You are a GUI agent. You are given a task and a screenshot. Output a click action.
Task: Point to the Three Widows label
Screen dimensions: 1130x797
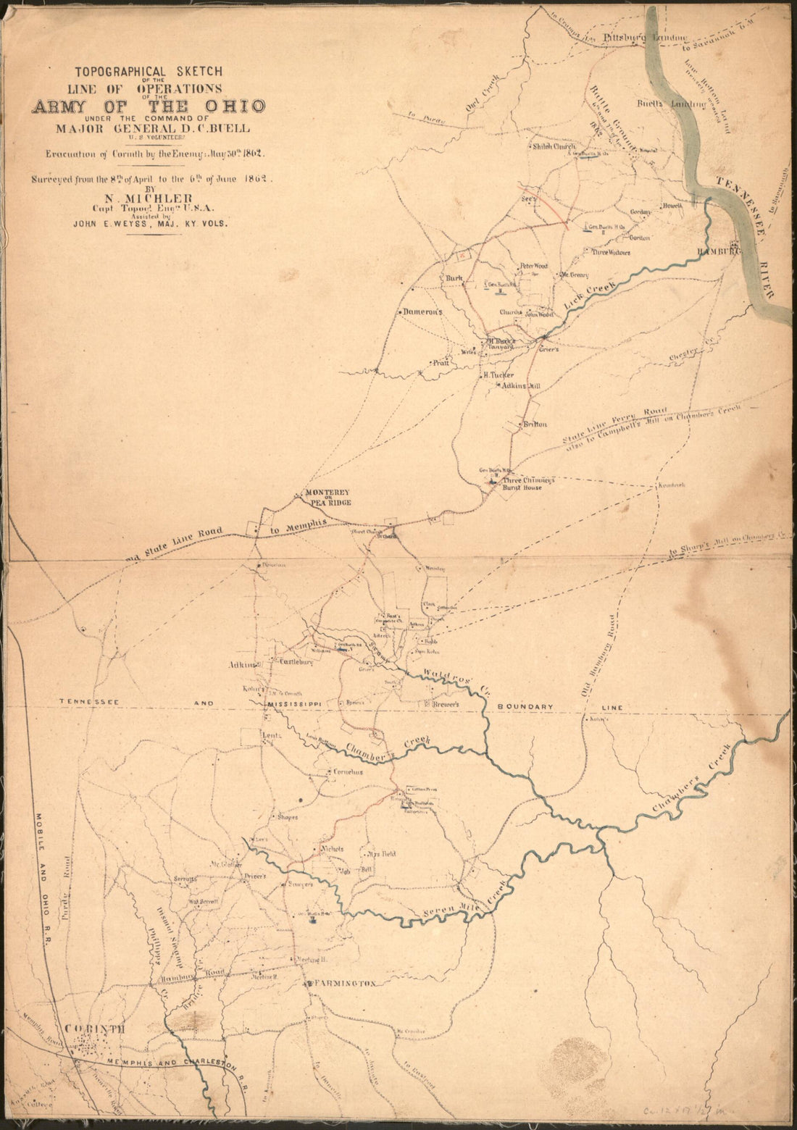click(x=611, y=253)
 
